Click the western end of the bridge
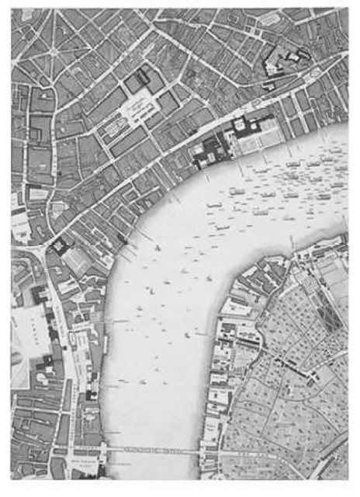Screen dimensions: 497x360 coord(105,450)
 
